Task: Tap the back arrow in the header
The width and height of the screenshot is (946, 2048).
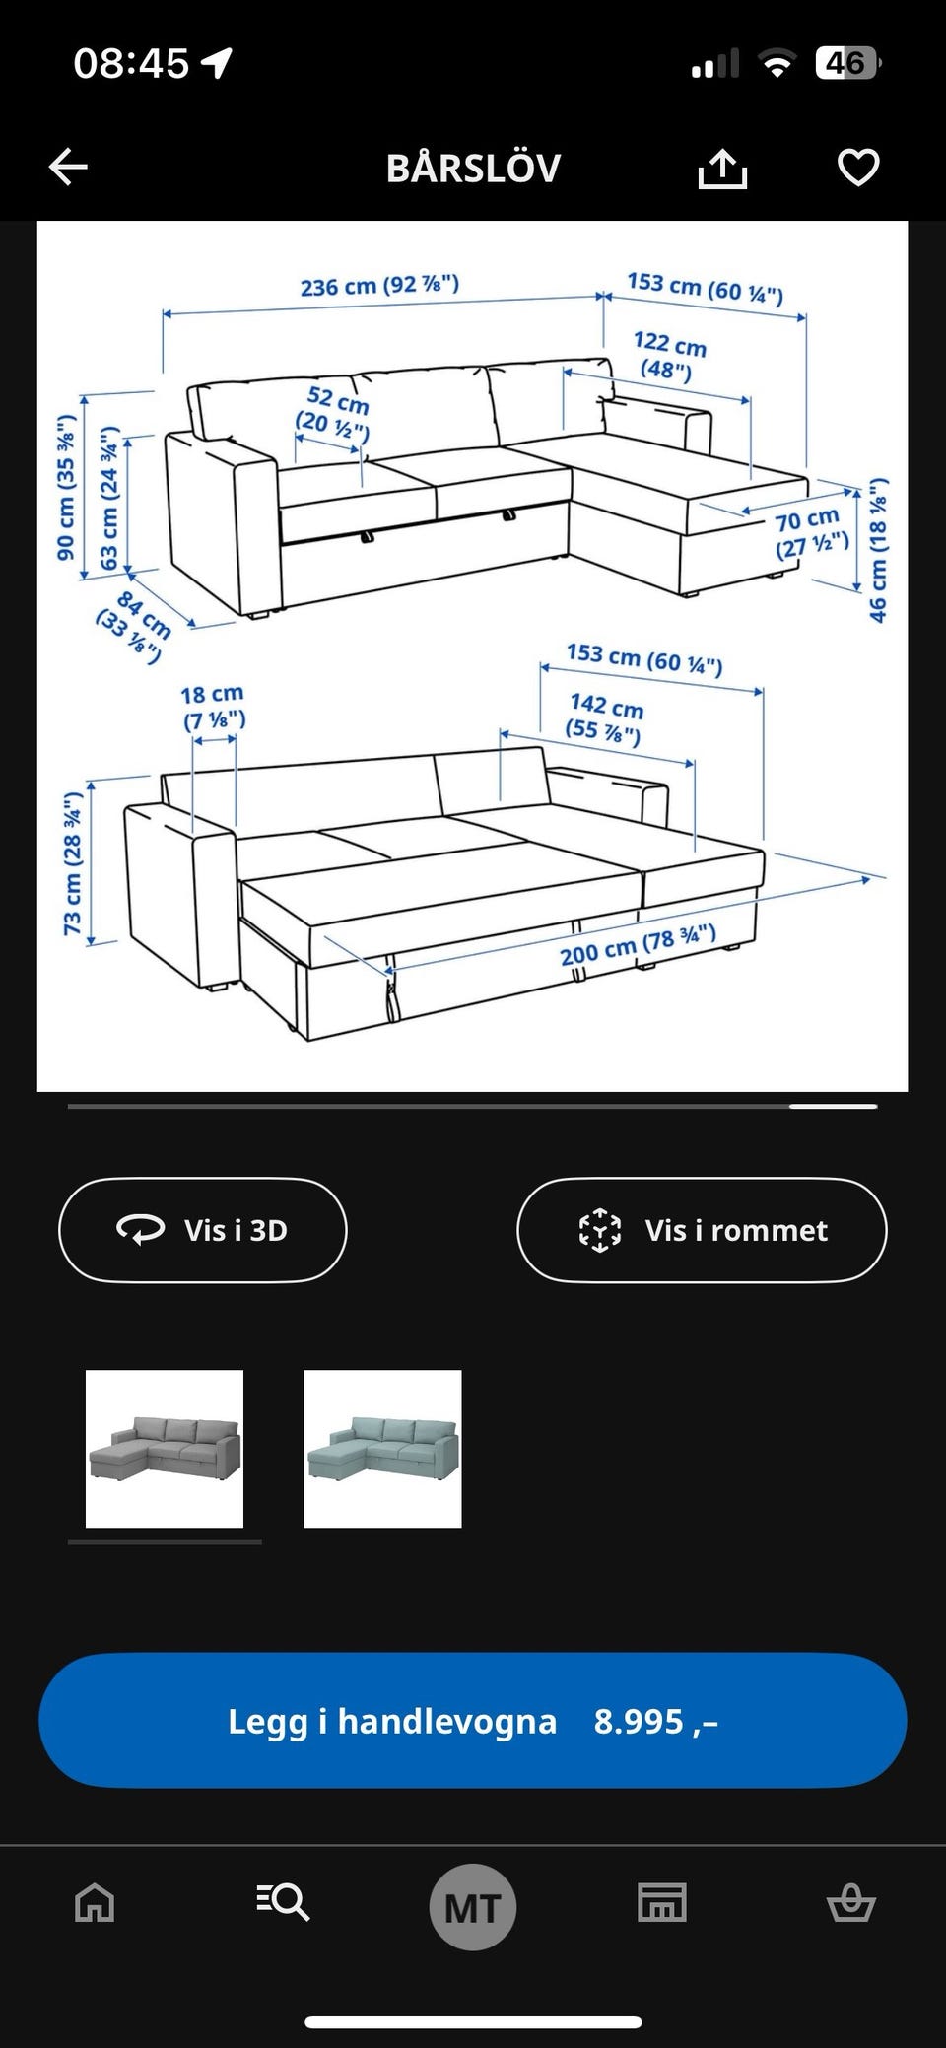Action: point(68,168)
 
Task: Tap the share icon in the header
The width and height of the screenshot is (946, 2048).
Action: point(722,168)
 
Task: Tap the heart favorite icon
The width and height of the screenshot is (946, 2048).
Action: point(857,168)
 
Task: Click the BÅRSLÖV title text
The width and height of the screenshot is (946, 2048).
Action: point(473,168)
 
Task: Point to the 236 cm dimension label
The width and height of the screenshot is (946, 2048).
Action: point(379,286)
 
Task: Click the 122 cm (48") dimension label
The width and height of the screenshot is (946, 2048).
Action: point(669,356)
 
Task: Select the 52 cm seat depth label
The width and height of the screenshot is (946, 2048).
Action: point(335,413)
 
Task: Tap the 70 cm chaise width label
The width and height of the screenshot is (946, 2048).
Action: point(810,533)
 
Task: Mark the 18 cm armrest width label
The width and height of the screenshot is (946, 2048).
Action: point(213,707)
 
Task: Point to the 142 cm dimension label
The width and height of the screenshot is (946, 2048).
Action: point(604,718)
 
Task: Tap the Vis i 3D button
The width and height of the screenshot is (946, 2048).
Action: point(203,1230)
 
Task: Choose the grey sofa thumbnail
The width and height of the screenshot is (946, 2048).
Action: point(165,1449)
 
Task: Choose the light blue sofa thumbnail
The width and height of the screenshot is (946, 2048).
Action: point(382,1449)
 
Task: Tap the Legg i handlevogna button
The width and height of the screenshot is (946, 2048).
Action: point(473,1721)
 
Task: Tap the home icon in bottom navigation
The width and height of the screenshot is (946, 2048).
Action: point(95,1903)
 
